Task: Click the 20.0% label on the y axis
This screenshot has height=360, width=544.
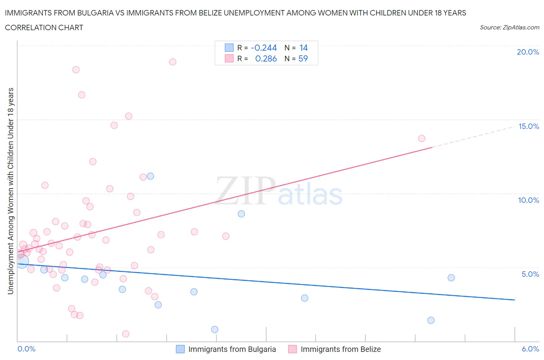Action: pos(528,52)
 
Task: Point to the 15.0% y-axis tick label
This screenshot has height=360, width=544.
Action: pos(528,126)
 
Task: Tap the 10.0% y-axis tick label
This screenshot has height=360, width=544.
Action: pos(528,200)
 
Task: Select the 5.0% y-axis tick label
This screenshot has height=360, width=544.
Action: pos(530,274)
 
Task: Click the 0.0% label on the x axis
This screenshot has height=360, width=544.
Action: pos(26,349)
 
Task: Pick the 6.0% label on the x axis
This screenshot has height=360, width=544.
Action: pos(530,349)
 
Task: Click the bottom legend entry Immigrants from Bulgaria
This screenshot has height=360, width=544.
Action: pos(231,349)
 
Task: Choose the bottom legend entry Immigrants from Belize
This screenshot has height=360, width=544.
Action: pos(340,349)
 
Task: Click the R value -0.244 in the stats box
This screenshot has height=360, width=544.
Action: pos(263,48)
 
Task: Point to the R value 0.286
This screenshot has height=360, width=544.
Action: pos(266,58)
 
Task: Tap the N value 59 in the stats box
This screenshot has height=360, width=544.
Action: pos(303,58)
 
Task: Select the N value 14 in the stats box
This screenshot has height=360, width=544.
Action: pos(303,48)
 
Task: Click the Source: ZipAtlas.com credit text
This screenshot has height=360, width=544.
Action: pos(509,27)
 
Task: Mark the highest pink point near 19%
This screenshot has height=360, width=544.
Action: pos(173,62)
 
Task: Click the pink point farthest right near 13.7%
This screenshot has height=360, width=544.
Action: pos(422,138)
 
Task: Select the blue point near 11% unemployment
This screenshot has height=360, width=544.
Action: pos(151,176)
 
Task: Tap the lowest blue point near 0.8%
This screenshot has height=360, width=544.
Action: pos(215,329)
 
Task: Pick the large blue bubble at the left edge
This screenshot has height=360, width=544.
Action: pos(22,261)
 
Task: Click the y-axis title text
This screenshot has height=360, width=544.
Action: pos(10,191)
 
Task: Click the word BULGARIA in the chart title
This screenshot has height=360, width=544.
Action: pos(97,13)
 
